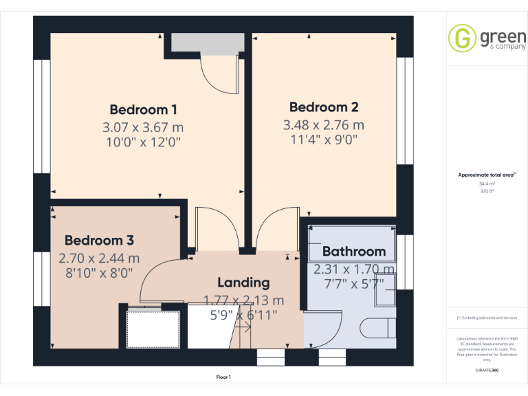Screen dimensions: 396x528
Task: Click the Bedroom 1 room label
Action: (x=144, y=109)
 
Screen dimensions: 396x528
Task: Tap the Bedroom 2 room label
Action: (x=324, y=107)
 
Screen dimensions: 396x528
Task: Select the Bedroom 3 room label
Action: (x=99, y=241)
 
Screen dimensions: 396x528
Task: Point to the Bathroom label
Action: (x=353, y=251)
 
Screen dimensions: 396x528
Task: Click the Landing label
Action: (x=243, y=283)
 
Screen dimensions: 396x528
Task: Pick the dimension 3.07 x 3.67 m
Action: (x=143, y=127)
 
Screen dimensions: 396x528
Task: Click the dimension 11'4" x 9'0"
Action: (x=323, y=142)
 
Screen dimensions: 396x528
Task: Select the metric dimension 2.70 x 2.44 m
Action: (x=99, y=258)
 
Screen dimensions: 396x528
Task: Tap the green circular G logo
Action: (x=462, y=38)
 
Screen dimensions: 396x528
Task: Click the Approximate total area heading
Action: (x=487, y=175)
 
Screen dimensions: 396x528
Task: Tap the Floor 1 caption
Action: (x=223, y=377)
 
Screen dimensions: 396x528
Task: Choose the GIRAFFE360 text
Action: (x=487, y=370)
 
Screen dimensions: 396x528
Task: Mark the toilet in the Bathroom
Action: (x=381, y=326)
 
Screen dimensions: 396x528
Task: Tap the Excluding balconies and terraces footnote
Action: (x=487, y=318)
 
